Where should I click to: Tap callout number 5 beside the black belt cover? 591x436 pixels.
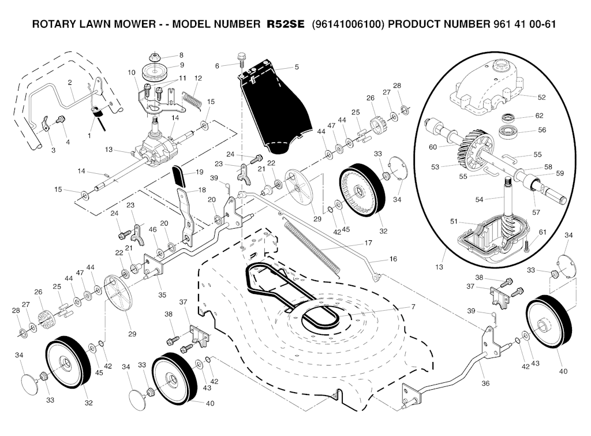pyautogui.click(x=296, y=67)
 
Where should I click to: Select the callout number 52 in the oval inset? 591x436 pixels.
pyautogui.click(x=541, y=97)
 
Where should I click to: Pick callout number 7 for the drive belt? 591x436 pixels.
pyautogui.click(x=413, y=305)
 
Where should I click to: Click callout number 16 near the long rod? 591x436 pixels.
pyautogui.click(x=393, y=259)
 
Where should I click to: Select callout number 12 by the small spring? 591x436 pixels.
pyautogui.click(x=198, y=78)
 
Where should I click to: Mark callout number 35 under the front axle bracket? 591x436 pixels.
pyautogui.click(x=162, y=295)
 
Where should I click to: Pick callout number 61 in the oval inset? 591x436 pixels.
pyautogui.click(x=542, y=232)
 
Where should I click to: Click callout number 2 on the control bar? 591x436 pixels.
pyautogui.click(x=70, y=82)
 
